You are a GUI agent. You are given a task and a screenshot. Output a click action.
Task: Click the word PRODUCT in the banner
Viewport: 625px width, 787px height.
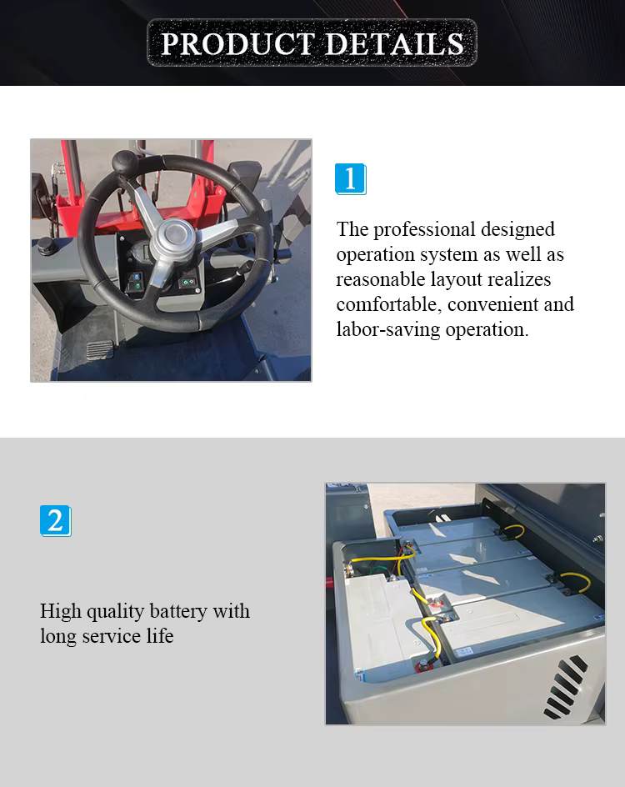237,43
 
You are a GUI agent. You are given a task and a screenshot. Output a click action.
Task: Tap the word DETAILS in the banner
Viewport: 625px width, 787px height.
395,43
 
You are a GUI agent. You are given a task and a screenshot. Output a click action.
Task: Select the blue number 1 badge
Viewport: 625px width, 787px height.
351,178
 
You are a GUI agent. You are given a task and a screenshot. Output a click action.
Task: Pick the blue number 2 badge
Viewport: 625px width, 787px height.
56,520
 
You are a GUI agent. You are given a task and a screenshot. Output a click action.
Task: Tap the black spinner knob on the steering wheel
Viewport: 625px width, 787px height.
125,162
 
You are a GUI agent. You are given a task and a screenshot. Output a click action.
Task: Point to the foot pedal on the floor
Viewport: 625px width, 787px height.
99,349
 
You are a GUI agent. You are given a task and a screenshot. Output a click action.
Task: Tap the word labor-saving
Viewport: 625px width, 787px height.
388,330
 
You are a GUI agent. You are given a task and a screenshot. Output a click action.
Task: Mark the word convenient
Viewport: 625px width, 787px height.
492,304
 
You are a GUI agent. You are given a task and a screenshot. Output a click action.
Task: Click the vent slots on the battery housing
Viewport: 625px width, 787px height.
565,686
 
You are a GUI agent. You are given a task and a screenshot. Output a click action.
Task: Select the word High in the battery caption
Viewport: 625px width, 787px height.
61,612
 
